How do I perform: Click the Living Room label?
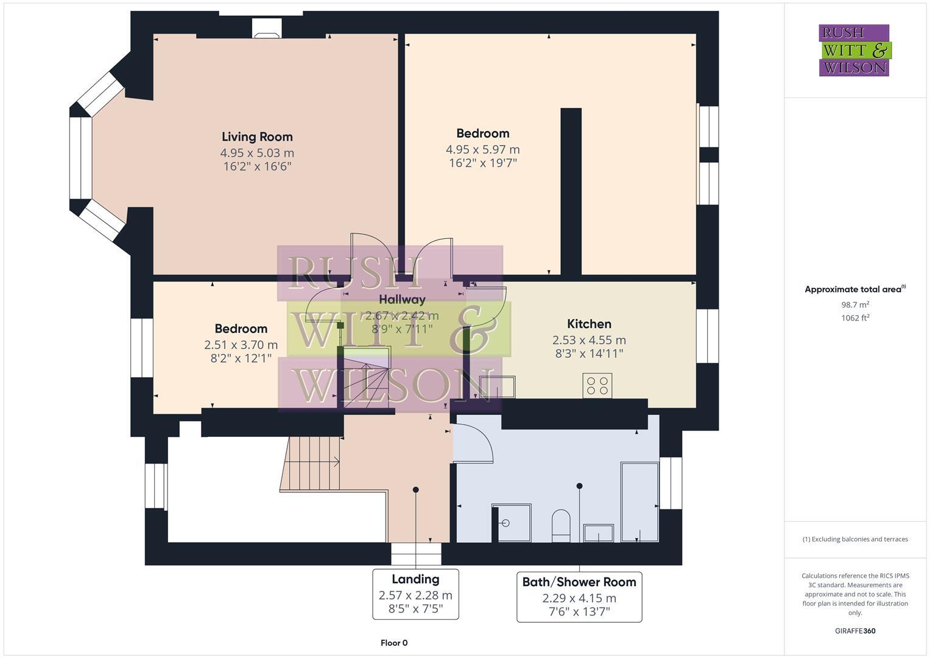pos(257,137)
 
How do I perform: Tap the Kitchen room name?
pos(589,324)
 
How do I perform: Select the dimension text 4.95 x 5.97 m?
pos(482,150)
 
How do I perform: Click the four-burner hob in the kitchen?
pos(597,385)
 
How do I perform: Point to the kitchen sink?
pos(497,387)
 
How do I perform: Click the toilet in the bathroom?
pos(560,526)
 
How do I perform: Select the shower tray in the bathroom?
pos(511,522)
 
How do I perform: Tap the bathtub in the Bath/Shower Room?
pos(639,501)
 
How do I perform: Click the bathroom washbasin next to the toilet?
pos(599,532)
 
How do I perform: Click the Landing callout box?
pos(415,594)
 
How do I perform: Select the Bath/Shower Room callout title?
pos(579,582)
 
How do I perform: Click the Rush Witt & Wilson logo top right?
pos(854,51)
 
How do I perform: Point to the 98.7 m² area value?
pos(855,305)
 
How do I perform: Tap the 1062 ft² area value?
pos(855,318)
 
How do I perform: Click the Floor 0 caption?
pos(393,643)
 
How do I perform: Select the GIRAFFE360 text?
pos(855,631)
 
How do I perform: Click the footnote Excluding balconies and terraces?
pos(855,539)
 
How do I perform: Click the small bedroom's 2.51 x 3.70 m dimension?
pos(241,345)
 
